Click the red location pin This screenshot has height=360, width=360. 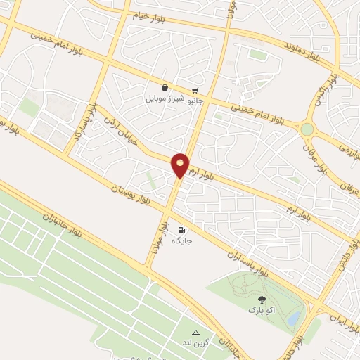181,165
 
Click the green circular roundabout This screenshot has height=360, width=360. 307,129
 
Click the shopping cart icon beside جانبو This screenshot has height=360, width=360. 195,90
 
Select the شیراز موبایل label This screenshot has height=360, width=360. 164,98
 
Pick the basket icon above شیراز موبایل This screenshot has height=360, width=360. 164,89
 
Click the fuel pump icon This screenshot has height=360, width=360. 182,229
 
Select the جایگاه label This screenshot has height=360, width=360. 182,240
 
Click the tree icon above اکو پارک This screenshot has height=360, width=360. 262,300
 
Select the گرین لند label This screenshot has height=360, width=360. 195,342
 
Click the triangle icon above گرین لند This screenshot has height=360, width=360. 195,333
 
